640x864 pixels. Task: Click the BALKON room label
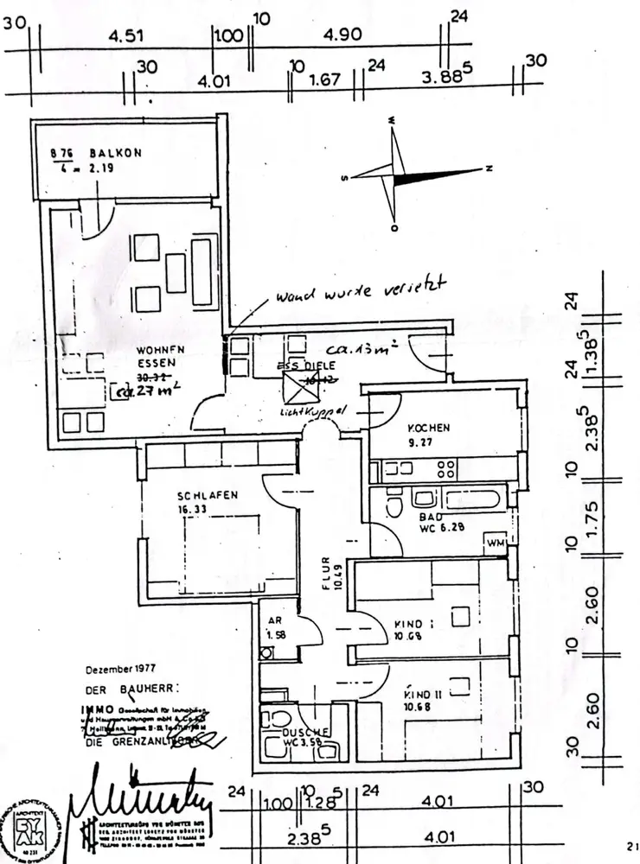(118, 153)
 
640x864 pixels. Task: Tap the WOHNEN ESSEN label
(149, 357)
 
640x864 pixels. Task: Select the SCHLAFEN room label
(208, 496)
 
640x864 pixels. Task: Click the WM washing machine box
(496, 543)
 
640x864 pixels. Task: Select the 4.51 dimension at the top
(125, 37)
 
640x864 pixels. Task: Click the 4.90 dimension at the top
(340, 37)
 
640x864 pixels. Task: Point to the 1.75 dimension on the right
(592, 519)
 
